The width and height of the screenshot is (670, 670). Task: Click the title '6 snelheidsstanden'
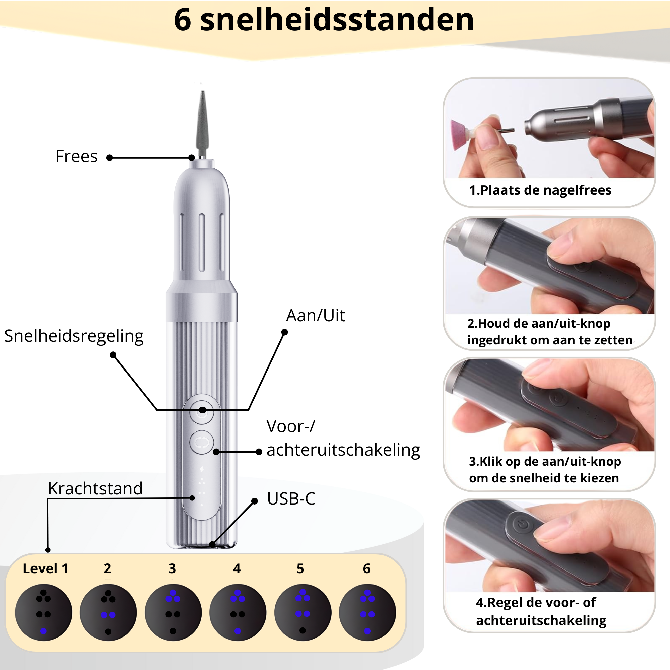click(324, 20)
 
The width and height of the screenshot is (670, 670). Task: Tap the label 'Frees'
click(77, 156)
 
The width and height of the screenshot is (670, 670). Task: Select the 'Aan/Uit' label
click(316, 316)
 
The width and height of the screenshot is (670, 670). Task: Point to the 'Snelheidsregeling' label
click(74, 336)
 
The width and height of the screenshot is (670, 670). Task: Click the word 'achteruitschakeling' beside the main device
click(343, 450)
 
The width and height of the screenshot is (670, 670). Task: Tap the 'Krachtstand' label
click(95, 489)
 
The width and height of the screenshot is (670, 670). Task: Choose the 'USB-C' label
click(291, 499)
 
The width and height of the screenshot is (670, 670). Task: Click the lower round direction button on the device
click(202, 443)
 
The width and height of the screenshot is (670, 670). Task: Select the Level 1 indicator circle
click(44, 613)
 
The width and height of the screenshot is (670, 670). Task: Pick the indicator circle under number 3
click(173, 613)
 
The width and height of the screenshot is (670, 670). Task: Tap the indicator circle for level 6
click(367, 613)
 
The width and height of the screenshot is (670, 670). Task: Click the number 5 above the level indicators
click(300, 569)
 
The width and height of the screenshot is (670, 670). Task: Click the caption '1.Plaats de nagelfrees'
click(540, 190)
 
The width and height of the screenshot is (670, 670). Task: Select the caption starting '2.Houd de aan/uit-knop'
click(550, 332)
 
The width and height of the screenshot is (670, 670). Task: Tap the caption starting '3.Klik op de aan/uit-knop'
click(544, 470)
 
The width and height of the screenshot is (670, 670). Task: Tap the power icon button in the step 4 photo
click(523, 525)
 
